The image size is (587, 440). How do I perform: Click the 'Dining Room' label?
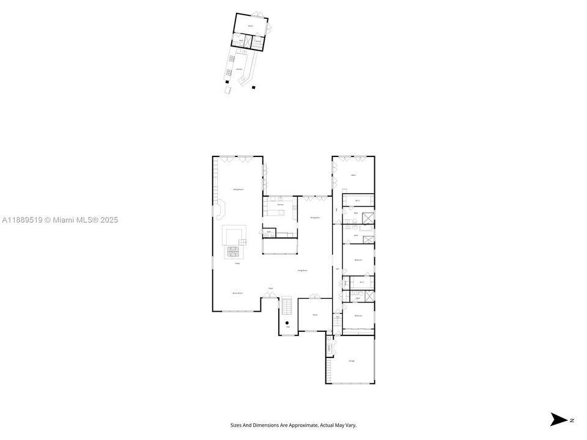(x=238, y=190)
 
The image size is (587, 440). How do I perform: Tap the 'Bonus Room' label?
(x=238, y=293)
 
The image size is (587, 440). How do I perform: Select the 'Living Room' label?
(x=302, y=269)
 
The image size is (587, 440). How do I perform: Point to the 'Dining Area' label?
(x=315, y=218)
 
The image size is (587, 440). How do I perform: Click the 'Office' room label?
(x=353, y=175)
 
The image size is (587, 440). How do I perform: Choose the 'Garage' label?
(x=352, y=361)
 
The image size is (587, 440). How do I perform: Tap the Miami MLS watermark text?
(x=60, y=220)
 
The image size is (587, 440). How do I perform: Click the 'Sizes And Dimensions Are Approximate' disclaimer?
(x=293, y=425)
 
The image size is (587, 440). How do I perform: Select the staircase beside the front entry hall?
(x=287, y=305)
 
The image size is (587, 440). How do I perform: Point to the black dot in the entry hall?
(x=287, y=323)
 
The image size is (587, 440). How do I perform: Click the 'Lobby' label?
(x=237, y=263)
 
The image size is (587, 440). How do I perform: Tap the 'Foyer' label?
(x=270, y=288)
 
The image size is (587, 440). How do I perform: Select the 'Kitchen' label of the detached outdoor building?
(x=240, y=69)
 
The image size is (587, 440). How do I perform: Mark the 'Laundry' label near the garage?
(x=330, y=348)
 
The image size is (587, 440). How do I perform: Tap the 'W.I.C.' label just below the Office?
(x=358, y=200)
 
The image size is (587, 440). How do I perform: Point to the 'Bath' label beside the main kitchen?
(x=269, y=232)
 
